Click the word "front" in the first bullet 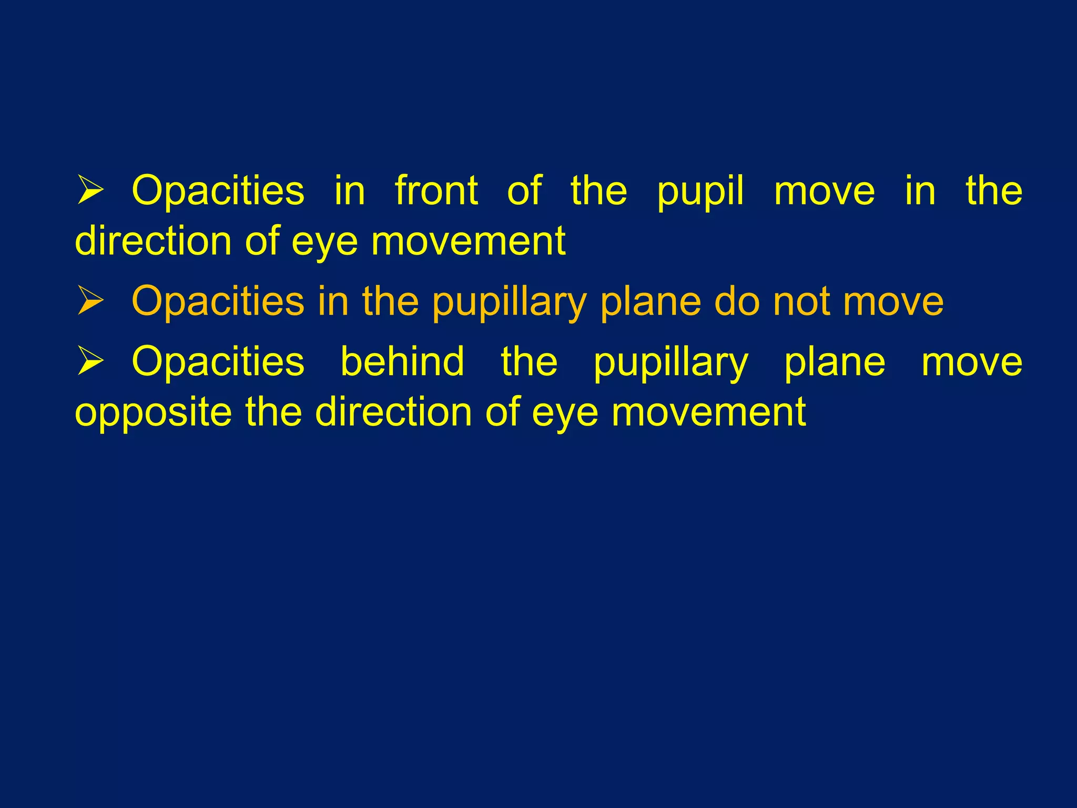[436, 190]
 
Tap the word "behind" [402, 362]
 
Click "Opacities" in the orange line [218, 302]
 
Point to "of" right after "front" [524, 190]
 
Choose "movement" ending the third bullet [708, 412]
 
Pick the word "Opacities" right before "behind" [218, 362]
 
